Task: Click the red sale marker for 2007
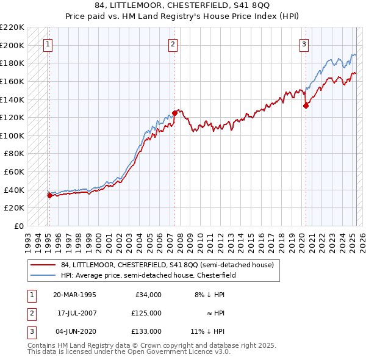click(x=174, y=113)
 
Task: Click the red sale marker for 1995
click(x=49, y=195)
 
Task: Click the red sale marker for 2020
click(x=306, y=106)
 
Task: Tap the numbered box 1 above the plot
click(x=48, y=43)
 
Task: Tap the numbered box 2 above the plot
click(x=173, y=43)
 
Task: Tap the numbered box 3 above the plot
click(x=304, y=43)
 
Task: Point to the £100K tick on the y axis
click(x=13, y=135)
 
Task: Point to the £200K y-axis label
click(x=13, y=45)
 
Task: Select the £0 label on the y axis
click(x=18, y=226)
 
